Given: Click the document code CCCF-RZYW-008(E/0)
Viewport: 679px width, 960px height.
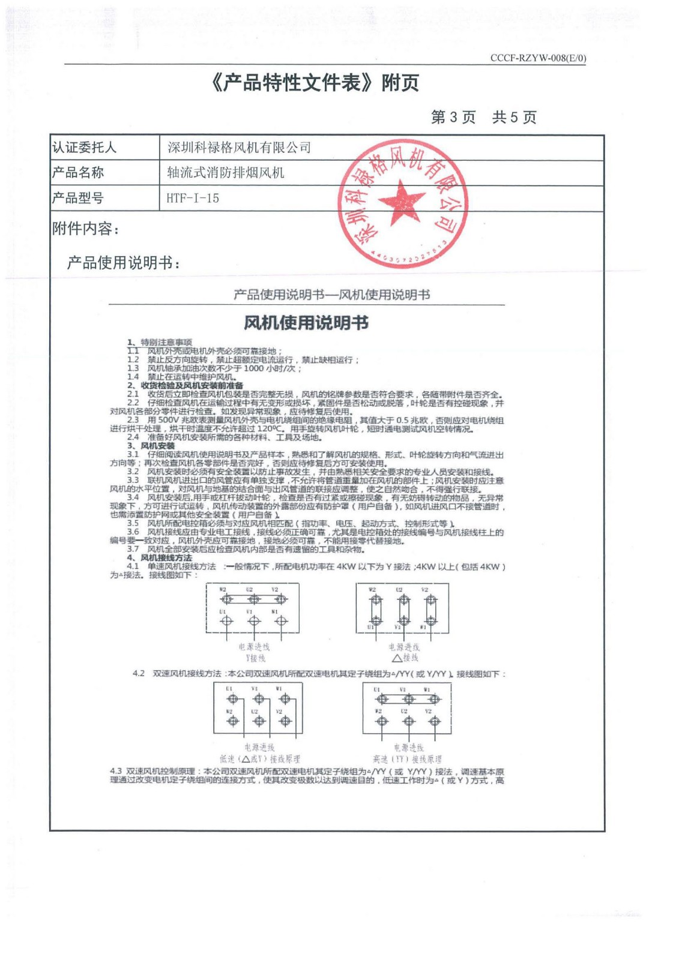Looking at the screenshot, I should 538,58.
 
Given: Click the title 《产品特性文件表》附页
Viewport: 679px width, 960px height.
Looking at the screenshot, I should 315,83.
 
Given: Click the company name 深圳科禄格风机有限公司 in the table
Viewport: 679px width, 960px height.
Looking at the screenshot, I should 239,148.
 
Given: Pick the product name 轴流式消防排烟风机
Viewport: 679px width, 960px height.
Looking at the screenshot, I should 226,173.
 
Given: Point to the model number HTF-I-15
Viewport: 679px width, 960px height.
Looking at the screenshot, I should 193,198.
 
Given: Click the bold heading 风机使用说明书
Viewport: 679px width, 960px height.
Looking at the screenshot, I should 306,323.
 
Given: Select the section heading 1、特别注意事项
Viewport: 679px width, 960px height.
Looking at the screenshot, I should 160,342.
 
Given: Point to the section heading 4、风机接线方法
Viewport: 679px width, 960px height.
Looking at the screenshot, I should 160,558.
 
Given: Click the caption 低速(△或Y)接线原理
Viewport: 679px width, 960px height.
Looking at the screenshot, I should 259,759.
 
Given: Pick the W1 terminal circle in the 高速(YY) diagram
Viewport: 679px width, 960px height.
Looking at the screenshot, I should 434,699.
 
